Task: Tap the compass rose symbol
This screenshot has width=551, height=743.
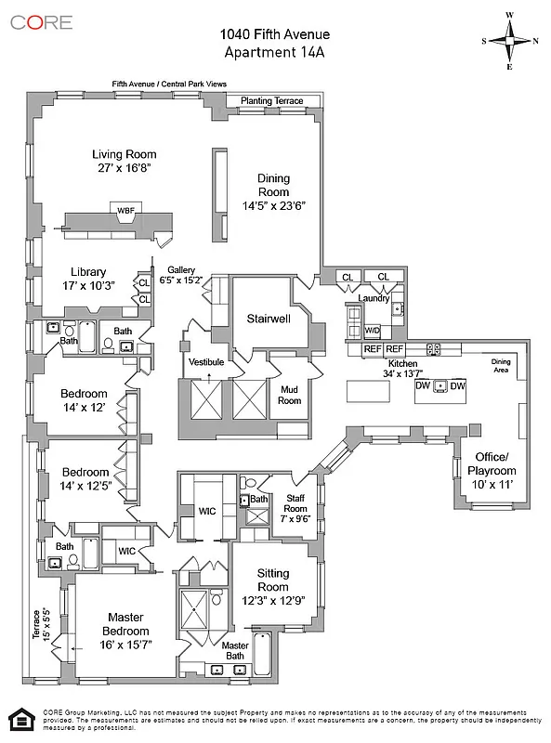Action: (x=509, y=40)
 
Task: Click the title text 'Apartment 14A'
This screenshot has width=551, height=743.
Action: (x=274, y=53)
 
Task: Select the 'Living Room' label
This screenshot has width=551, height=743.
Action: (x=124, y=154)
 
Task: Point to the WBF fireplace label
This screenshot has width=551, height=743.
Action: (x=125, y=211)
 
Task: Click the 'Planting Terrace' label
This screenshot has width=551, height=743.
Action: (x=271, y=100)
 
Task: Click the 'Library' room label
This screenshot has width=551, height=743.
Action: (x=89, y=272)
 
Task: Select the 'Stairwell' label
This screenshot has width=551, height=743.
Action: (x=269, y=319)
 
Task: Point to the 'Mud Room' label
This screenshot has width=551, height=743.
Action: (x=290, y=395)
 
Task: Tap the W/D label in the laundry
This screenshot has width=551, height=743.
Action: (x=372, y=330)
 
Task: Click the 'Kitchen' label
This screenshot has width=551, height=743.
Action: (x=402, y=363)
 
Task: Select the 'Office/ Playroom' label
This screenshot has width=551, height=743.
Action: (x=492, y=463)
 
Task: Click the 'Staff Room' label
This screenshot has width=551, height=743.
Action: (x=295, y=503)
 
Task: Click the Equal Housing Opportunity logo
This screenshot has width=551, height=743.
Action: (x=19, y=719)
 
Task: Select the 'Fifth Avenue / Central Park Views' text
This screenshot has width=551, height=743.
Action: (x=169, y=84)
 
